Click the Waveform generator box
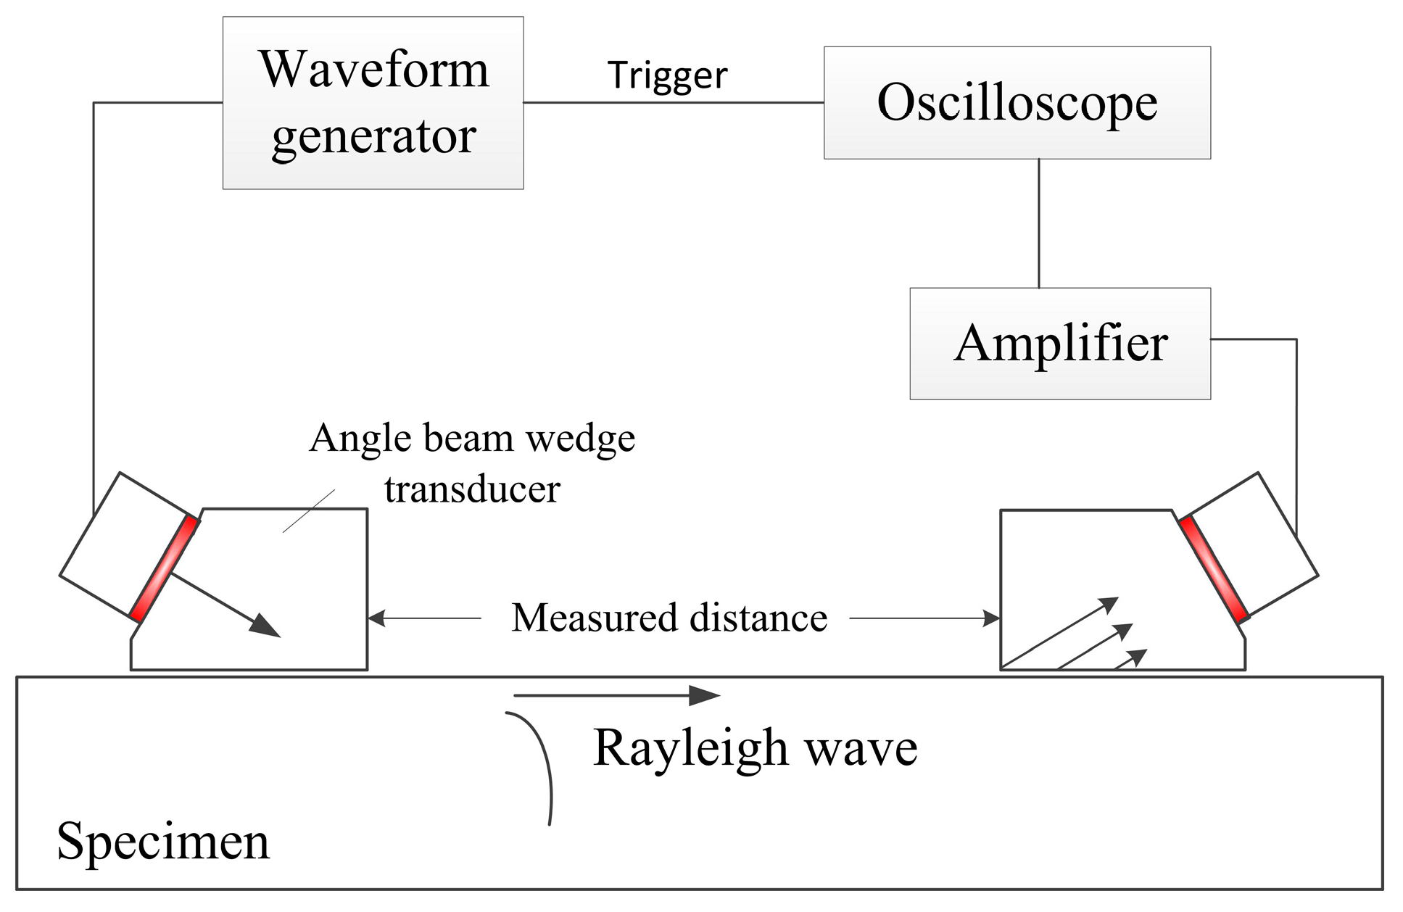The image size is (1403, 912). pos(373,103)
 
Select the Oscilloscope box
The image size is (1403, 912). pos(1017,103)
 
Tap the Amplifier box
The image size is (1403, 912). pos(1060,344)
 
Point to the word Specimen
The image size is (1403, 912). pos(163,842)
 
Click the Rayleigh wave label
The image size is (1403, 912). pos(755,749)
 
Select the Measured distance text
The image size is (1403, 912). pos(669,618)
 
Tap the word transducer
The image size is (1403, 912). pos(472,489)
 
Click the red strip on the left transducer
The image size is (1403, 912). pos(164,569)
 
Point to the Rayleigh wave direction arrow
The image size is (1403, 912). pos(617,696)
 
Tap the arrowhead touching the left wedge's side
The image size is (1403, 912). pos(377,618)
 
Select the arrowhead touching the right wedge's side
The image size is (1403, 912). pos(991,618)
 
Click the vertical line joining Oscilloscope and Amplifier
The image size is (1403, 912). pos(1039,223)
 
